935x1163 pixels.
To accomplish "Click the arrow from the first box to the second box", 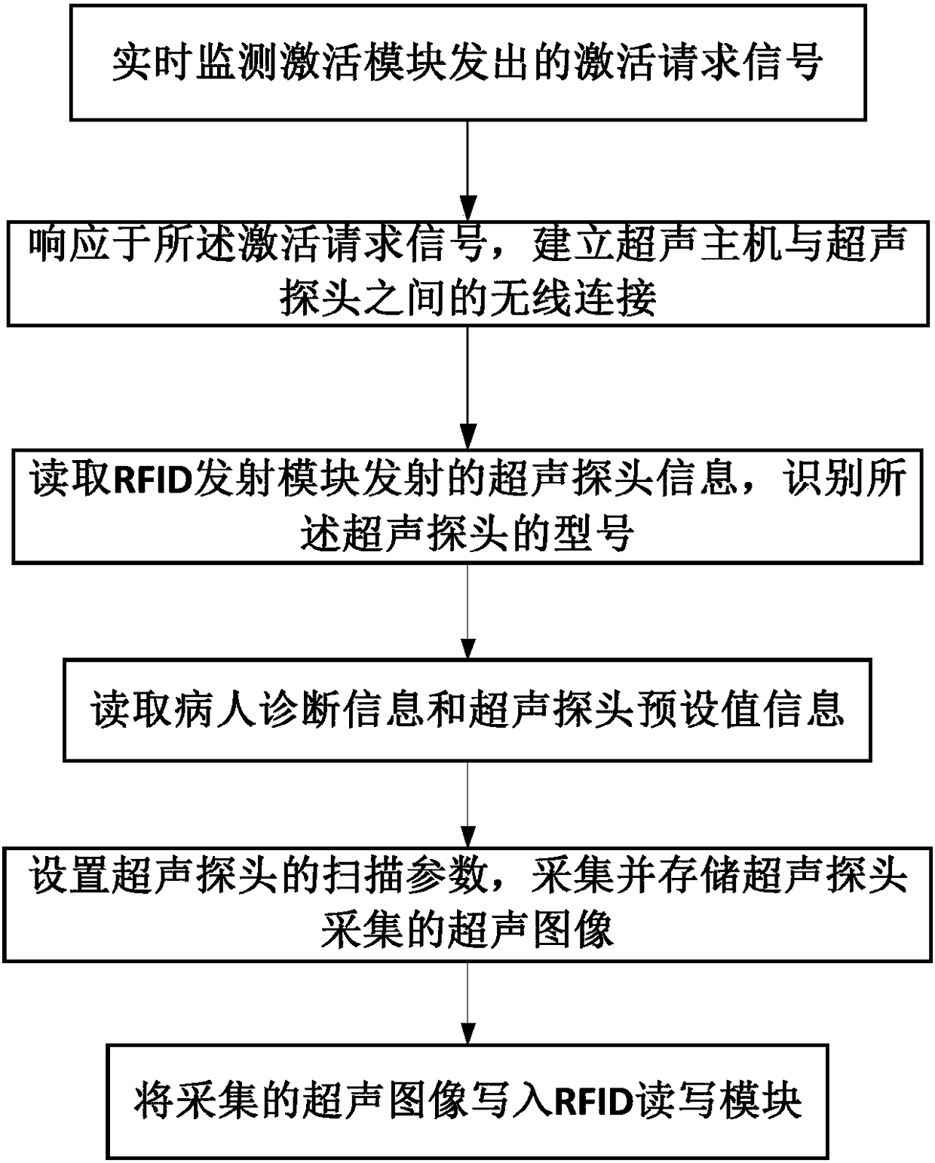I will pos(467,170).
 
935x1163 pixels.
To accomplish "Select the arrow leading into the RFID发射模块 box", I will pos(467,388).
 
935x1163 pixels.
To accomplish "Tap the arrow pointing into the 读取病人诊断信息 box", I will pos(467,612).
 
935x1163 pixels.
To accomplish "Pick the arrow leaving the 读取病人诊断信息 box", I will pos(467,804).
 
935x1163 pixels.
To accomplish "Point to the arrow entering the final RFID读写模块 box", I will pos(467,1003).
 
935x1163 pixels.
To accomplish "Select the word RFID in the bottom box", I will pos(593,1102).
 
